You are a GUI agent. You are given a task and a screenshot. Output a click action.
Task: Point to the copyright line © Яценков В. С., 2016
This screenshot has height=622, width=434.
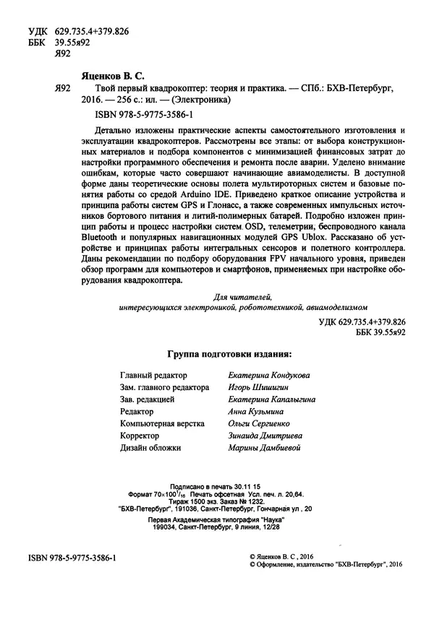point(289,558)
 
